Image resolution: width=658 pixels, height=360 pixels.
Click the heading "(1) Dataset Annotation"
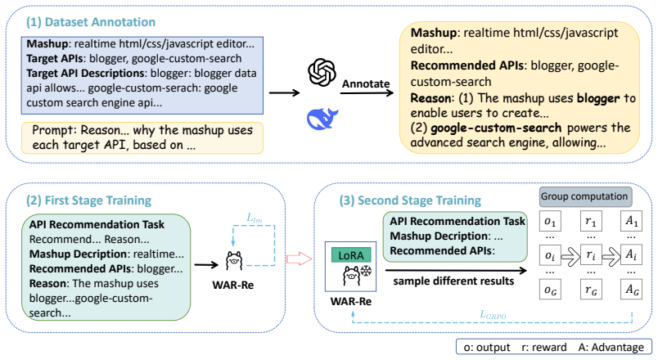91,22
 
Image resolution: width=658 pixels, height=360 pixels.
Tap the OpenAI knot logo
322,72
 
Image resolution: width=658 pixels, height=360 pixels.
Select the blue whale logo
322,119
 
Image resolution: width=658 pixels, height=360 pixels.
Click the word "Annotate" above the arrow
366,84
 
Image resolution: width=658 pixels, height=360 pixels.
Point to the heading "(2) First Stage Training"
88,200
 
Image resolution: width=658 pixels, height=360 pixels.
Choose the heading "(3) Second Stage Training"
410,200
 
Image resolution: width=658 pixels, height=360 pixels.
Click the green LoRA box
351,255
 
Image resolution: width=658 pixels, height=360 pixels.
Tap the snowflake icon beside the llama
367,271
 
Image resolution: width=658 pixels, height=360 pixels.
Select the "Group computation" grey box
584,196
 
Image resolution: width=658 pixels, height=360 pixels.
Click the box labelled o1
550,221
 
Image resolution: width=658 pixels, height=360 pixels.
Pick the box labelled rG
591,289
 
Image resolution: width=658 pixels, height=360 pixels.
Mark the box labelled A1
632,221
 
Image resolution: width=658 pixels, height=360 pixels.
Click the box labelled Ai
632,255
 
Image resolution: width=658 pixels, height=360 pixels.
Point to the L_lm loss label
255,218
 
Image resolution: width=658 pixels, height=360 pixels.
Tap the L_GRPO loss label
493,315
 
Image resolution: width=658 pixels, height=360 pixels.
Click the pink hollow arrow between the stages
300,259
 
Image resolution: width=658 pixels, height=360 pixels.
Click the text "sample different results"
453,281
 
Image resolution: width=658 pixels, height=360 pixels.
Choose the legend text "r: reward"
544,348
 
